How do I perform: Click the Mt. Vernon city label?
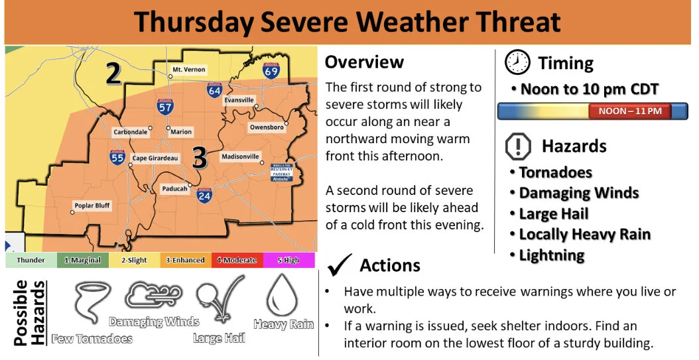pos(188,70)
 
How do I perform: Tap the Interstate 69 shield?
pos(271,70)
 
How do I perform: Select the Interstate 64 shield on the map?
pos(214,90)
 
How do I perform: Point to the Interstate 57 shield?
pos(165,106)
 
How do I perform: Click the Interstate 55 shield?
pos(117,158)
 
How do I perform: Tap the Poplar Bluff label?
pos(92,206)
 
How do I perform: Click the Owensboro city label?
pos(267,127)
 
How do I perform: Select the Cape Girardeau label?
pos(155,158)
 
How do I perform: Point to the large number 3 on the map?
pos(199,158)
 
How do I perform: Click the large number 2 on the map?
pos(113,74)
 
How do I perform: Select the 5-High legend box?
pos(289,261)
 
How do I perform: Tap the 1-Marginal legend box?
pos(82,261)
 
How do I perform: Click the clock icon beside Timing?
pos(517,62)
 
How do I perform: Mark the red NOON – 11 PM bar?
pos(629,111)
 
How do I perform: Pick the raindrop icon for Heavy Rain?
pos(283,296)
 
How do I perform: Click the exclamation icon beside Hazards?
pos(518,146)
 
